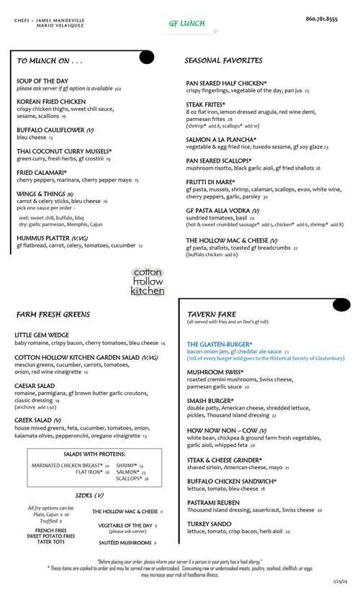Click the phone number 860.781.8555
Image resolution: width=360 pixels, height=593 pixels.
(321, 19)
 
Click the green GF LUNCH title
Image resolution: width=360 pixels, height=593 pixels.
(187, 24)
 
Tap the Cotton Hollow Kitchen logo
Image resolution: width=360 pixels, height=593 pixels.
(148, 281)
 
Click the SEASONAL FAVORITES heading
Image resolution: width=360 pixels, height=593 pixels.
(223, 61)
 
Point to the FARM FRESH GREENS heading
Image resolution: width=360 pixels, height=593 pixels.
(53, 315)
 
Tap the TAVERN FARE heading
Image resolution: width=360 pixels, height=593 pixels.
(212, 314)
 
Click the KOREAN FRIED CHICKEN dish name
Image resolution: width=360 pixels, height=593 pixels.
(51, 102)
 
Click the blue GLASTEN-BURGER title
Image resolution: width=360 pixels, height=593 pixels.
(220, 345)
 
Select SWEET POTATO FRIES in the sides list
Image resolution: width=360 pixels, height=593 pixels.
(50, 536)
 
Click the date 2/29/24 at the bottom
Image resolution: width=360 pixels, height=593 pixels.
(340, 580)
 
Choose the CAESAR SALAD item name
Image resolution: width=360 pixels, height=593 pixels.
(35, 386)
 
